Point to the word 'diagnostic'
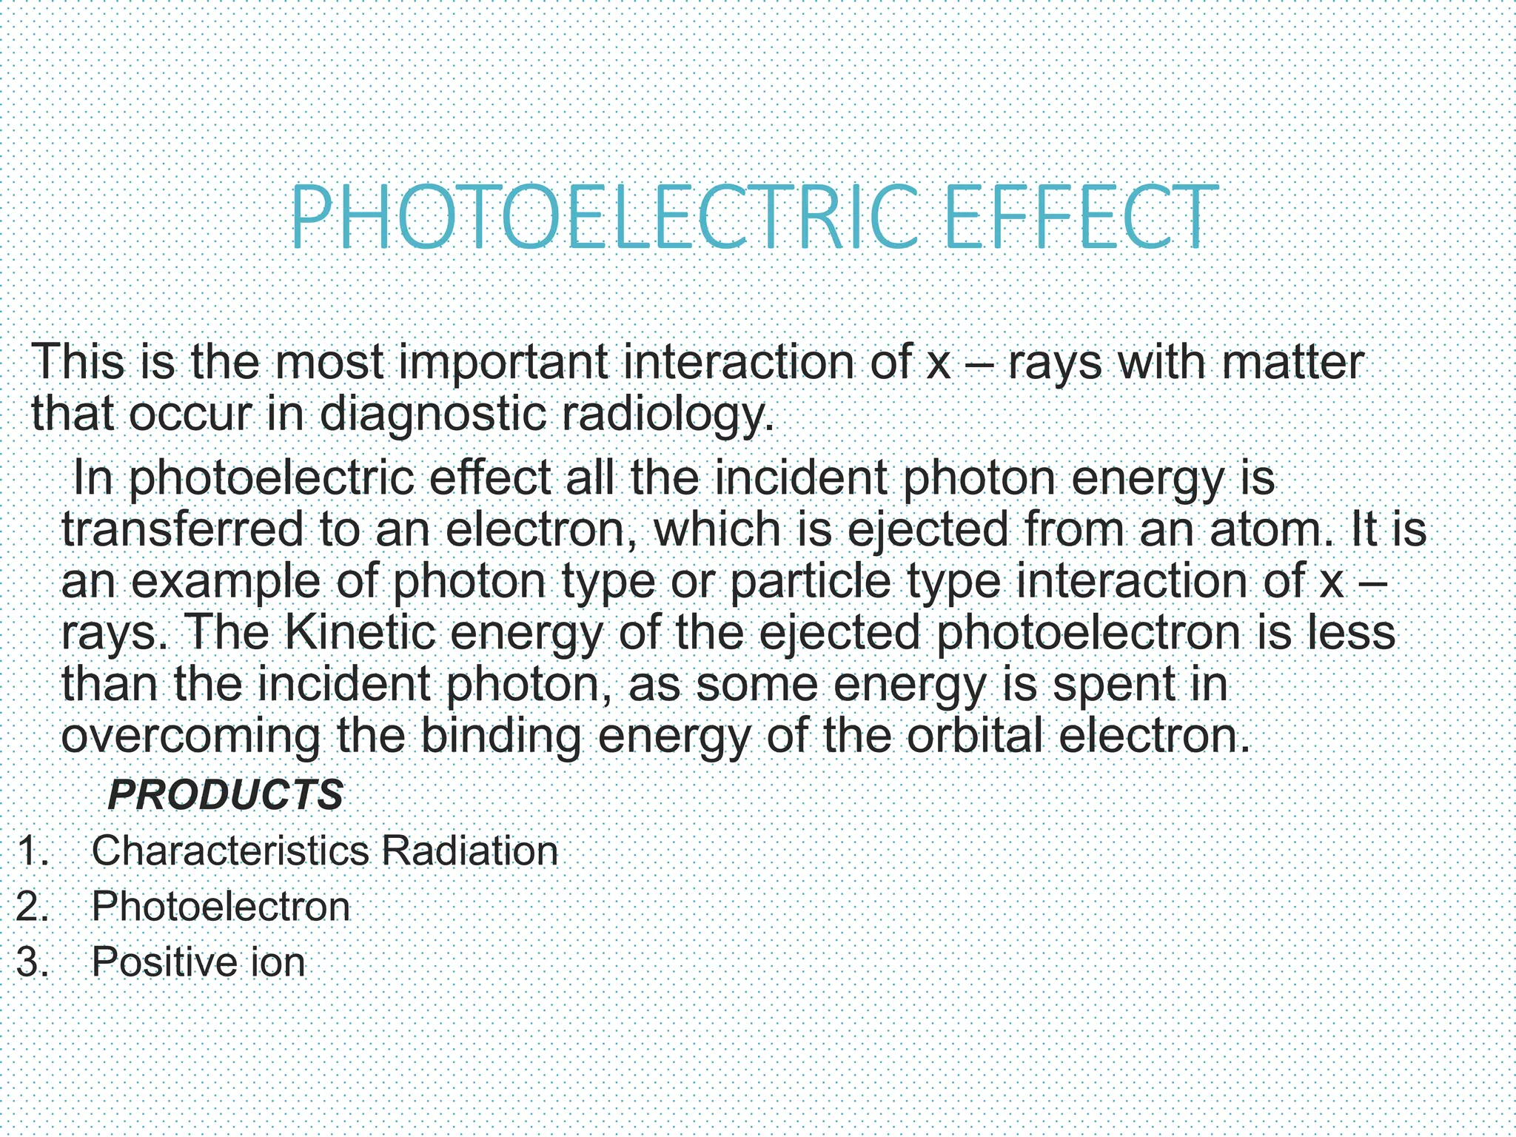tap(434, 415)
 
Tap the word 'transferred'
tap(182, 530)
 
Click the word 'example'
tap(227, 582)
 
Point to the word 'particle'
tap(810, 582)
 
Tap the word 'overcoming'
tap(190, 737)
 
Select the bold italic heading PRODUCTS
tap(225, 795)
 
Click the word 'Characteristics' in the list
tap(230, 851)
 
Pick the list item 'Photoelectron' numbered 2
tap(221, 906)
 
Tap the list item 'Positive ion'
tap(198, 962)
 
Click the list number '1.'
tap(33, 851)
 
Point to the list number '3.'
tap(33, 962)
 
